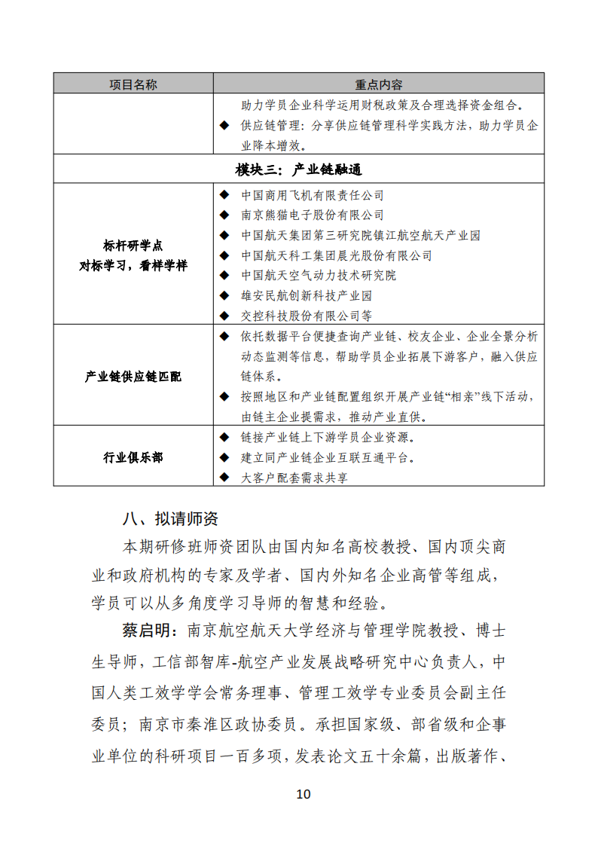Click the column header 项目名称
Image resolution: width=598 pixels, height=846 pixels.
(x=133, y=84)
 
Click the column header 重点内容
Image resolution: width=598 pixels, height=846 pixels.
(x=378, y=84)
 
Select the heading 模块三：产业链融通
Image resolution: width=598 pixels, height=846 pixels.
(x=298, y=170)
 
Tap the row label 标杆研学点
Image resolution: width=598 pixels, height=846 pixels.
(x=133, y=246)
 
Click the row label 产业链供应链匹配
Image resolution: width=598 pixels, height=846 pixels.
(x=133, y=376)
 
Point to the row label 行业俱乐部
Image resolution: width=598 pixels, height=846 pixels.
(x=133, y=457)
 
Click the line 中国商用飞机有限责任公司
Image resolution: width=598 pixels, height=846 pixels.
(x=313, y=195)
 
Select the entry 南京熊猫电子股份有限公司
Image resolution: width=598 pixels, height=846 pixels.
(x=313, y=215)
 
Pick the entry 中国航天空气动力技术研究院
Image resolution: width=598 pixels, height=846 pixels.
(x=319, y=276)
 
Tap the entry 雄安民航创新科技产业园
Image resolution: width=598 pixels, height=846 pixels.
(x=307, y=296)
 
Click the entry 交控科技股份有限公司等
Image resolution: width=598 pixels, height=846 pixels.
(x=307, y=316)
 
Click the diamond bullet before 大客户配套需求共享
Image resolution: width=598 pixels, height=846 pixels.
(x=224, y=477)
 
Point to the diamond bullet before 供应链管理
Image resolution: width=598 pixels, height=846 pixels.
(x=224, y=125)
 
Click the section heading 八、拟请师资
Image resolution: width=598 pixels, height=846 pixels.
(x=170, y=519)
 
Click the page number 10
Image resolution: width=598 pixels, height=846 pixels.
(x=303, y=794)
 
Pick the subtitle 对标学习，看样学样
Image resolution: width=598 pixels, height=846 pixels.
(x=133, y=266)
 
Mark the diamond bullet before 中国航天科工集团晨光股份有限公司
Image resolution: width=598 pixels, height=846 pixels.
(x=224, y=255)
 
